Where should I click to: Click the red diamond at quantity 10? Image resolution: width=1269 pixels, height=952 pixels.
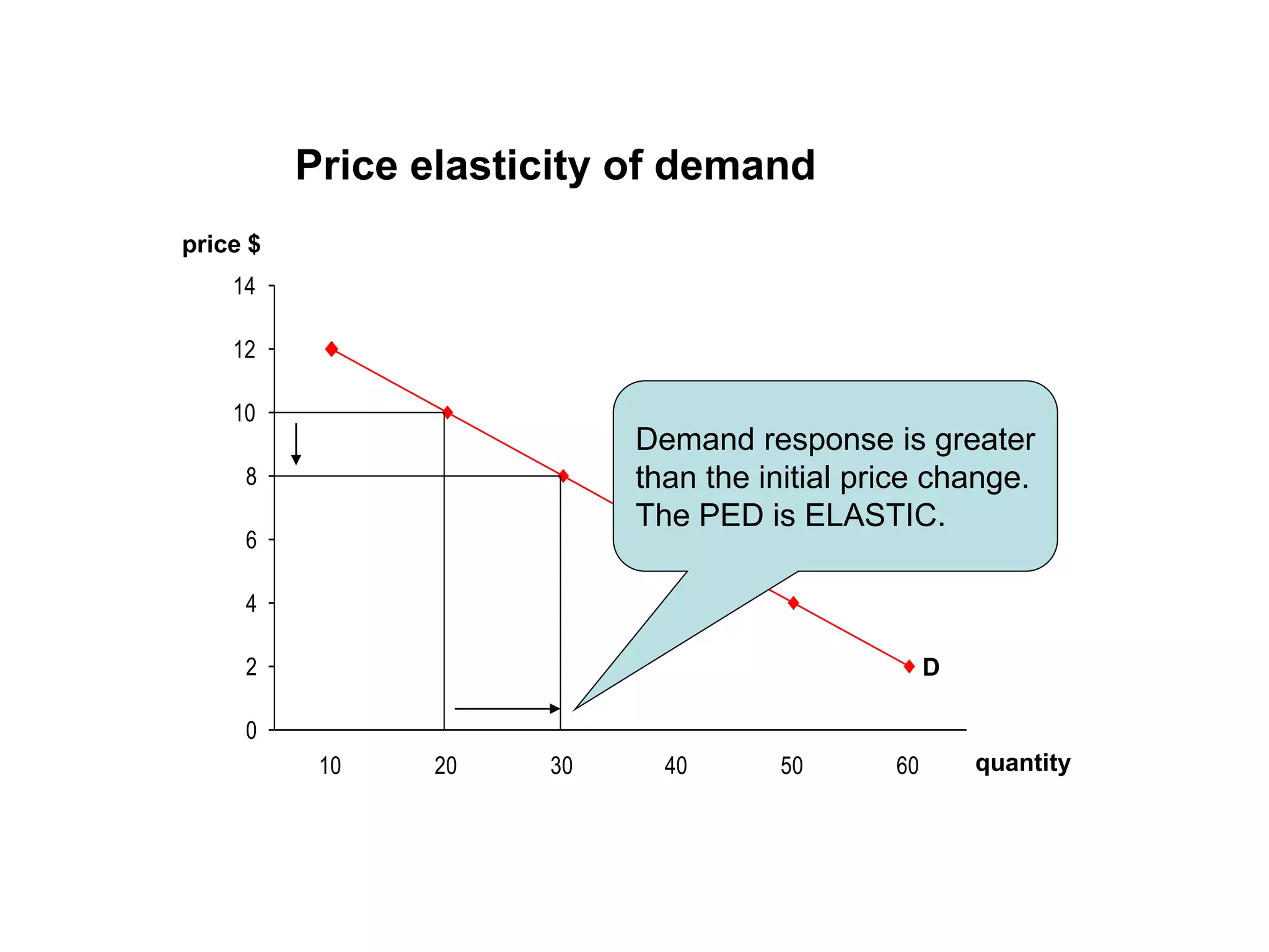332,349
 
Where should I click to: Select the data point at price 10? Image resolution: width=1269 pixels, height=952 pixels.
447,412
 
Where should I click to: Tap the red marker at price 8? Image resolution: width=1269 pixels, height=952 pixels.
563,476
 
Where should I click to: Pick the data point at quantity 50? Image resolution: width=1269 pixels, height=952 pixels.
793,602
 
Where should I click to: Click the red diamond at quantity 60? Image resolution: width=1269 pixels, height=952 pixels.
909,666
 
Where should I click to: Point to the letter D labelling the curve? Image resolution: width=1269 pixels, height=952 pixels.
931,668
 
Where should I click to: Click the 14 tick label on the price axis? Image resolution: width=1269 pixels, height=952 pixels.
245,286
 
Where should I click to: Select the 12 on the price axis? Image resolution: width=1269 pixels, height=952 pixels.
245,350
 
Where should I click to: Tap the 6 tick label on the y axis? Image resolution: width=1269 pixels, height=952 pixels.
251,540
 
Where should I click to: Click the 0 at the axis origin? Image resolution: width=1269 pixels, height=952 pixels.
251,731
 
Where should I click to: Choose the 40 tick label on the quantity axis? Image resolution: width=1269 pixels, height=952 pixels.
676,766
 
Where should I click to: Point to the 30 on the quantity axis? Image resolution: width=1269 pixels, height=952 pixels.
561,766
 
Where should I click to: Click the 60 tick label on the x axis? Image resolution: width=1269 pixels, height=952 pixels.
908,766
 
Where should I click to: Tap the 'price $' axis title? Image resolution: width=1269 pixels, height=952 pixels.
221,244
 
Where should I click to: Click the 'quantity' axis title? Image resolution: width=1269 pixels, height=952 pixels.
1022,763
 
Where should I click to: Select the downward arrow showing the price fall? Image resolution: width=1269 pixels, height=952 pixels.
296,444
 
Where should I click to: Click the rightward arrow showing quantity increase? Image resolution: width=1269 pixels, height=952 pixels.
507,708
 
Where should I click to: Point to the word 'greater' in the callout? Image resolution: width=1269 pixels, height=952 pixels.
985,439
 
